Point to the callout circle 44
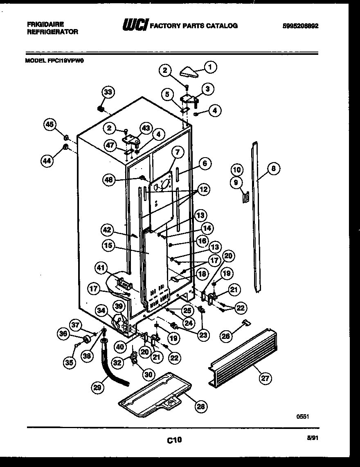[x=47, y=161]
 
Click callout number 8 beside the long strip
[x=273, y=167]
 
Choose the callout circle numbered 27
[x=265, y=378]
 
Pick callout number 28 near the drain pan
[x=200, y=406]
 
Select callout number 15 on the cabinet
[x=108, y=246]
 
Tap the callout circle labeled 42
[x=107, y=230]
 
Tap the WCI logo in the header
[x=135, y=25]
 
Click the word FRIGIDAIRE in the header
[x=45, y=25]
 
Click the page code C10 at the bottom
[x=174, y=440]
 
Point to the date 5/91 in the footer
[x=313, y=438]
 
